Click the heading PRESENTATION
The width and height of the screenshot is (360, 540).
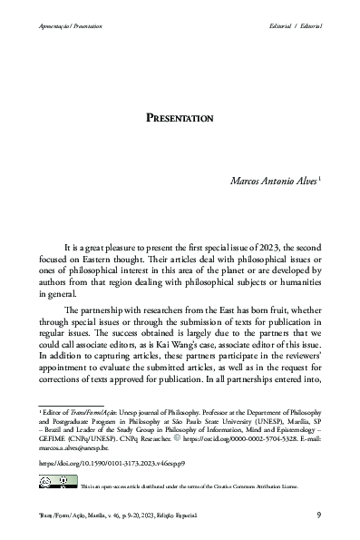coord(180,118)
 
